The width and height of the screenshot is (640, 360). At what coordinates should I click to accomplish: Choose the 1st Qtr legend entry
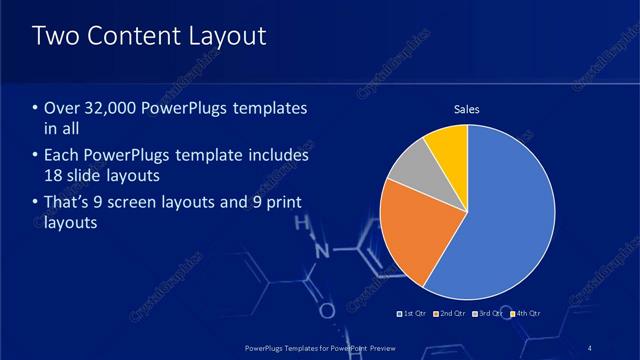pyautogui.click(x=414, y=314)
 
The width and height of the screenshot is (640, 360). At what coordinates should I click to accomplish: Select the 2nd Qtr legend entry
pyautogui.click(x=451, y=314)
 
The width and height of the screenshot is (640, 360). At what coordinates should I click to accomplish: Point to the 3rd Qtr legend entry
pyautogui.click(x=489, y=314)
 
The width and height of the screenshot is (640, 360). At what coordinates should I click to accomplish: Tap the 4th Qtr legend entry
pyautogui.click(x=526, y=314)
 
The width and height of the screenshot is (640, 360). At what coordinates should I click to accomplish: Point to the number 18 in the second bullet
pyautogui.click(x=56, y=176)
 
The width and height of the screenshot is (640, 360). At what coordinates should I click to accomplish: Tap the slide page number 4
pyautogui.click(x=591, y=347)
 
